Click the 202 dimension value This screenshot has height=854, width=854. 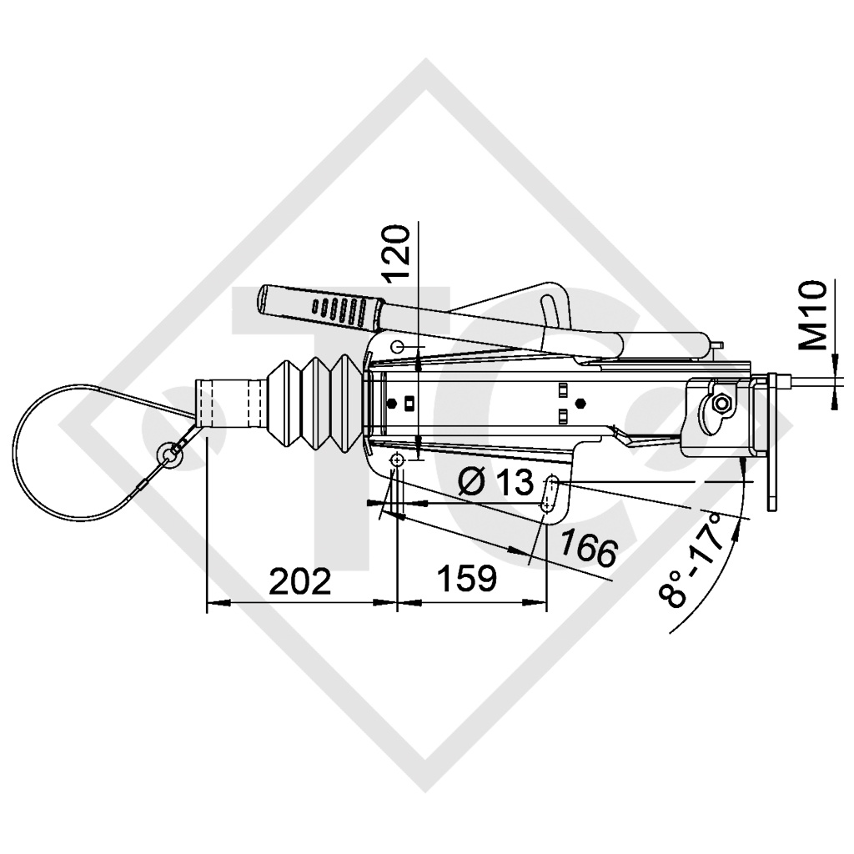[x=299, y=580]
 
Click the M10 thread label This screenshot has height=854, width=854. [x=813, y=314]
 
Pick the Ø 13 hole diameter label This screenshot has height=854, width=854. [x=497, y=481]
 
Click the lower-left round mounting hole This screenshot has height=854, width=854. [x=397, y=461]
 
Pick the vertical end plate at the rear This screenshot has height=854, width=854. [x=773, y=442]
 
